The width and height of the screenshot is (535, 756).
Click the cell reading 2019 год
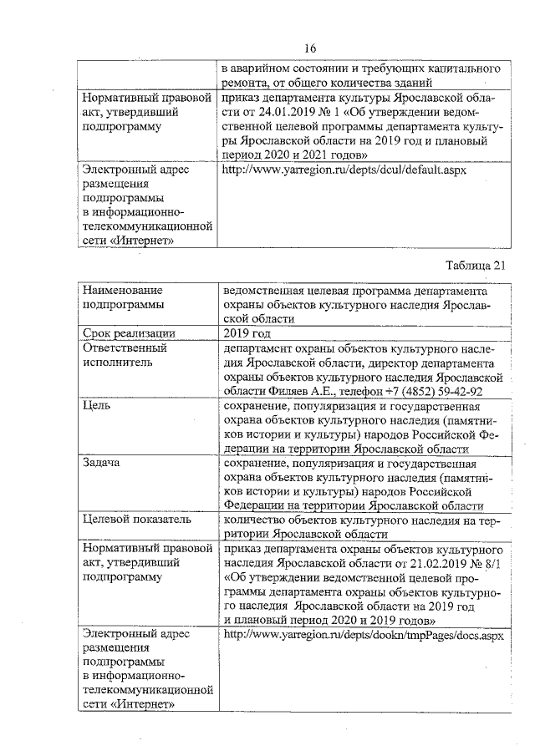(248, 334)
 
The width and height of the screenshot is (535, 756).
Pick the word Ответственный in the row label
(125, 348)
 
